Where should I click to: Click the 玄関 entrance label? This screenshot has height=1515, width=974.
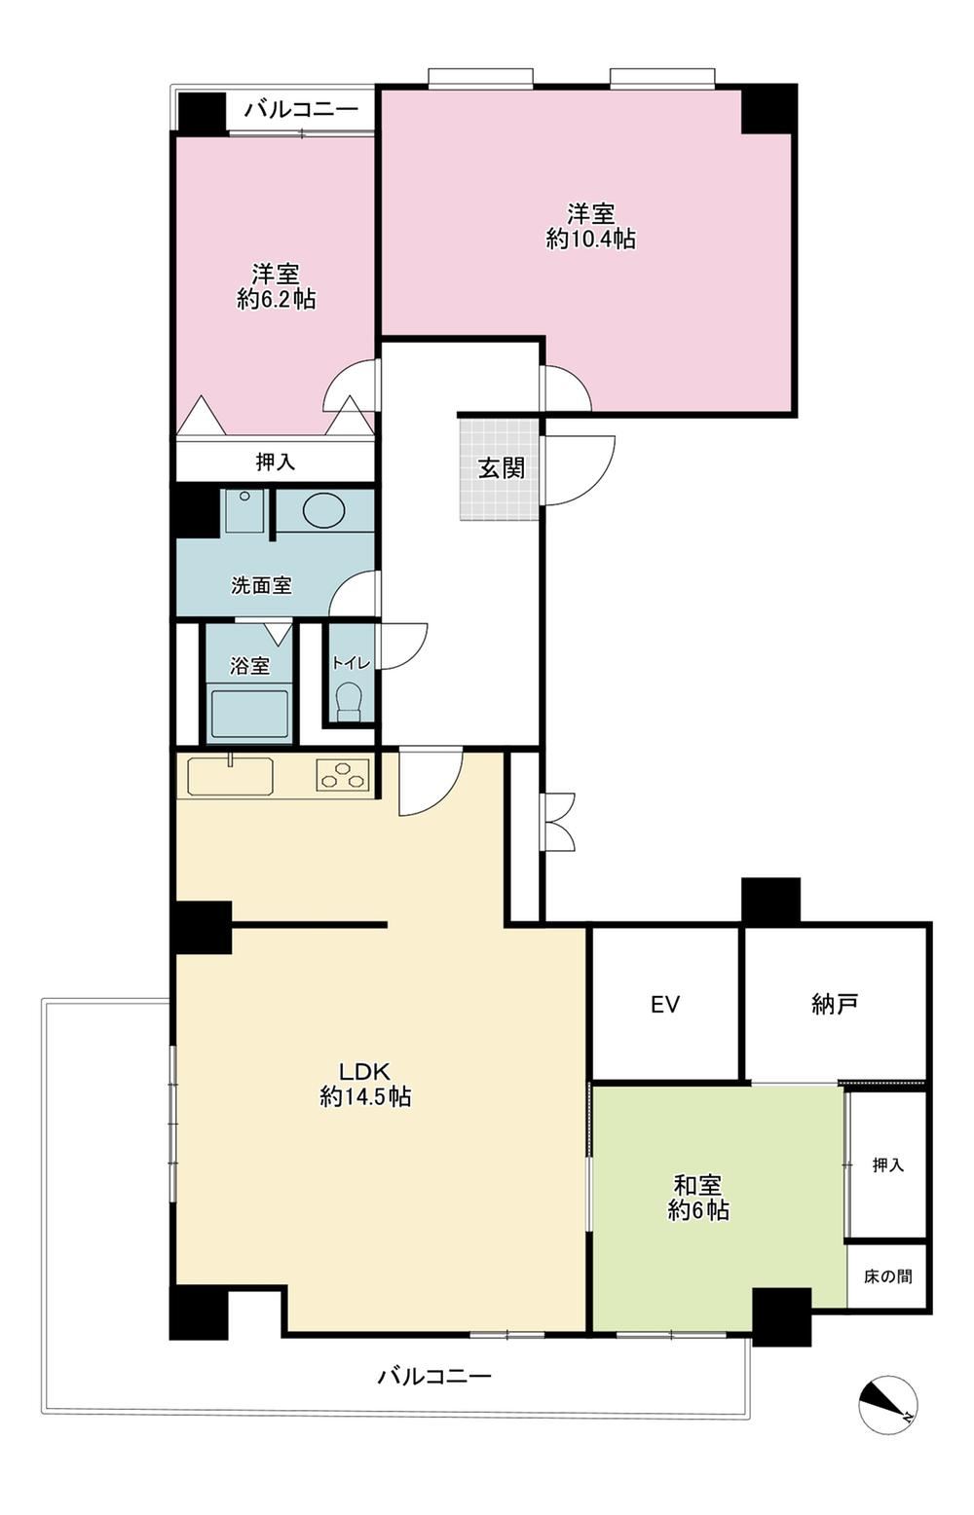click(502, 467)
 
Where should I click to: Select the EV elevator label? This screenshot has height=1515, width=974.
click(665, 1004)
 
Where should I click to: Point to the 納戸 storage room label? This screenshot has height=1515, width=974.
click(835, 1004)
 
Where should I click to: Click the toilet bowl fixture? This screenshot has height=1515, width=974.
click(349, 701)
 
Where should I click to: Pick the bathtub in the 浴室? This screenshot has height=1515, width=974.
click(249, 714)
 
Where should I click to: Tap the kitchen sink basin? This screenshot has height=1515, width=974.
click(231, 776)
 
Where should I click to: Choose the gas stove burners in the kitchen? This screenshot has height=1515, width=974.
click(343, 775)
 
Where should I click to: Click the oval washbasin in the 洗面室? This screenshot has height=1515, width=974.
click(324, 510)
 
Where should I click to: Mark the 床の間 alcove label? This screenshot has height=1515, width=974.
click(887, 1275)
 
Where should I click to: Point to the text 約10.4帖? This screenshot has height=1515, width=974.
click(590, 239)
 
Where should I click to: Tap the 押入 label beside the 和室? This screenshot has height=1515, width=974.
click(887, 1164)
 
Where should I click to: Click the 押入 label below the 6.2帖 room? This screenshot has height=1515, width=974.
click(276, 462)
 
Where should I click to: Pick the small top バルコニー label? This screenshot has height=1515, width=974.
click(301, 108)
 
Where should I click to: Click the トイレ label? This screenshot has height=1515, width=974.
click(350, 663)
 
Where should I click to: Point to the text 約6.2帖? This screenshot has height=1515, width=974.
click(277, 299)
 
